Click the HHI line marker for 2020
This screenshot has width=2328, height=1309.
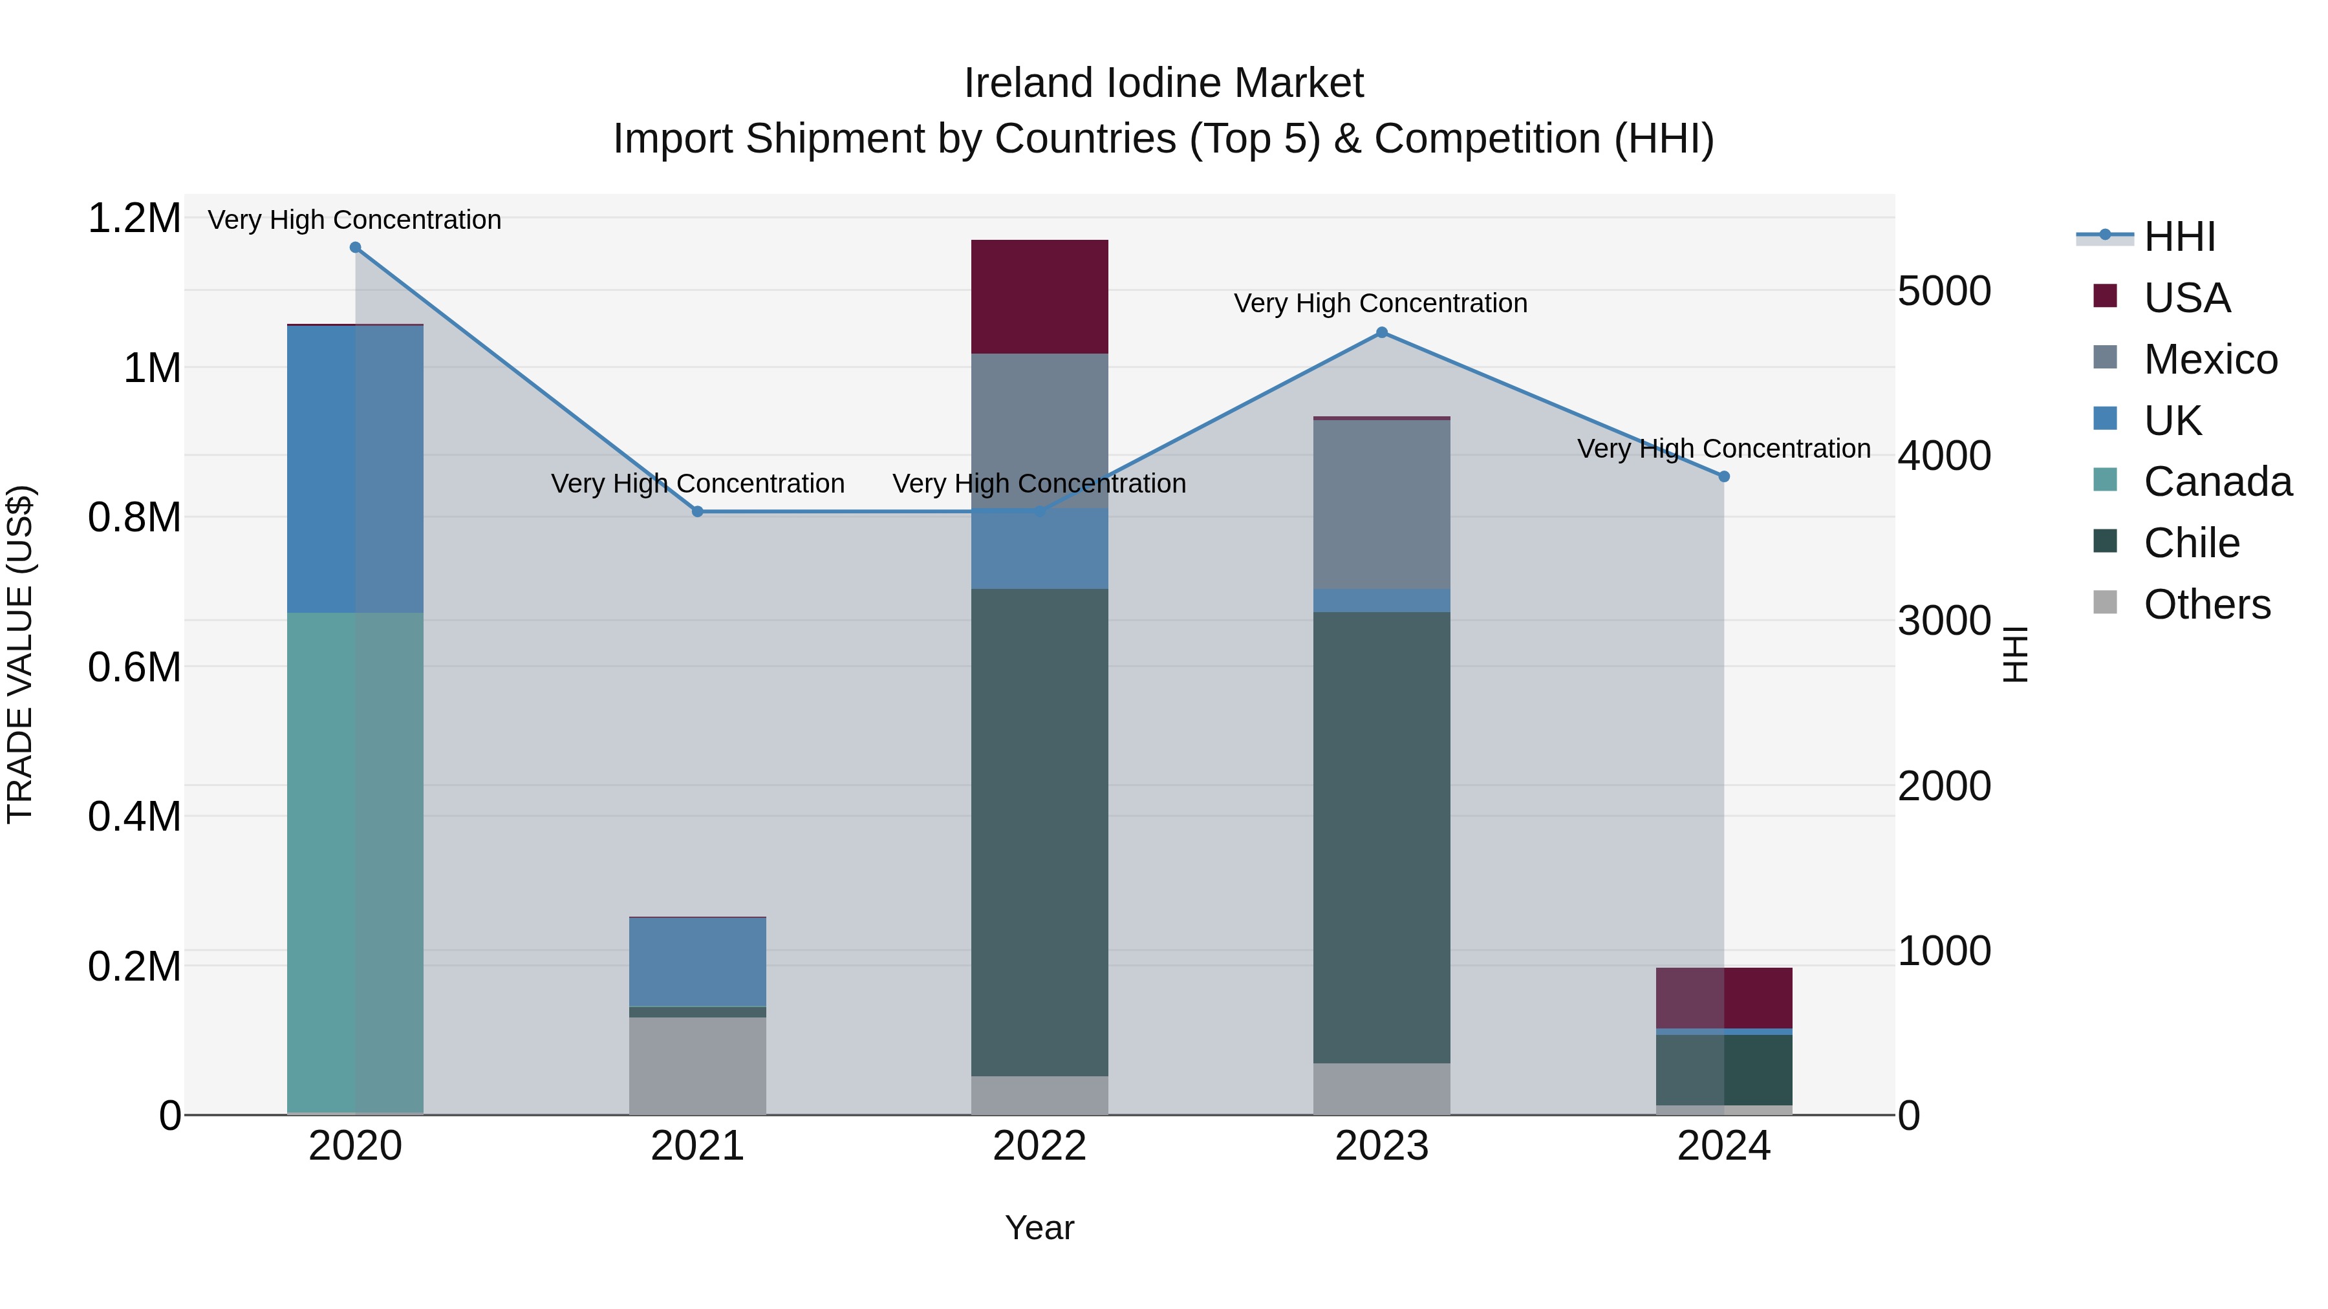point(355,248)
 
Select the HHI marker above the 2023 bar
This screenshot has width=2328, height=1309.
point(1382,332)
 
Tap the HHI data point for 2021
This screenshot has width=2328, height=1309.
point(698,512)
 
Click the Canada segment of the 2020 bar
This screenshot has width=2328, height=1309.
point(355,863)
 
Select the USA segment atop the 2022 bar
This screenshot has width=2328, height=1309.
point(1039,296)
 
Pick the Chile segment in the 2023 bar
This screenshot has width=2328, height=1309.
point(1382,836)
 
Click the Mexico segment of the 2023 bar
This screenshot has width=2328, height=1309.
point(1382,504)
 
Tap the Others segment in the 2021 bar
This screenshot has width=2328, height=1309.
point(698,1066)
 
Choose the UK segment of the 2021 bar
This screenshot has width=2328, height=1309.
point(698,962)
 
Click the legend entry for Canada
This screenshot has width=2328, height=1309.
point(2217,482)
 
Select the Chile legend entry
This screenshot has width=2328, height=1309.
point(2191,543)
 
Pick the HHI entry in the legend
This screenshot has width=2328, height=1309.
point(2179,237)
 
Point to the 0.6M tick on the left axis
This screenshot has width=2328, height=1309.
point(134,668)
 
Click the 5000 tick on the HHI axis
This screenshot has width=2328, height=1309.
point(1944,291)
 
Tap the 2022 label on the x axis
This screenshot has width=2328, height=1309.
point(1039,1146)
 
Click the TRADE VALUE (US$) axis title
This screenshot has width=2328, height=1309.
point(20,654)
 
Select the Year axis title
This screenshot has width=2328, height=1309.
point(1039,1228)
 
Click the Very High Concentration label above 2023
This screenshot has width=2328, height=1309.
point(1380,304)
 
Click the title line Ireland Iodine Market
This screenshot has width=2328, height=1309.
point(1163,83)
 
